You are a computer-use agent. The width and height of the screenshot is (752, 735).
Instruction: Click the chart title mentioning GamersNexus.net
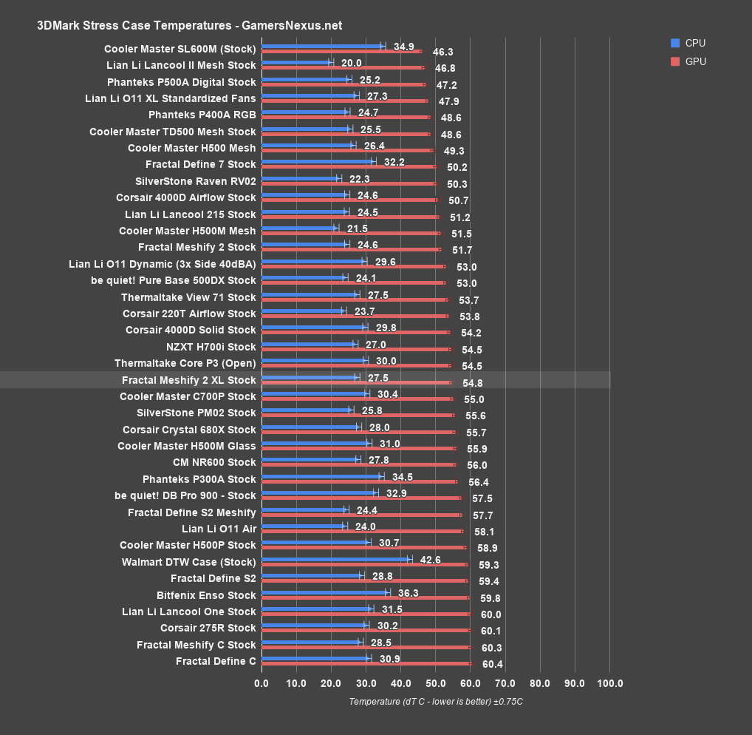(x=189, y=25)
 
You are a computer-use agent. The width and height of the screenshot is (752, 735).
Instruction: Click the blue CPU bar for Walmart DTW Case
(x=335, y=559)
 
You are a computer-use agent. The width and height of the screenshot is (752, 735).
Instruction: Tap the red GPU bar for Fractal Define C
(x=366, y=663)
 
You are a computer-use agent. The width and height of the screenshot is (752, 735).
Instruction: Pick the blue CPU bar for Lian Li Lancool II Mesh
(x=296, y=62)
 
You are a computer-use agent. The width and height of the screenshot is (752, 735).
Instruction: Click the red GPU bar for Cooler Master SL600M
(x=341, y=51)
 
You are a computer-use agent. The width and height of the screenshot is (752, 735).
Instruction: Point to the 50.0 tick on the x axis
(x=435, y=682)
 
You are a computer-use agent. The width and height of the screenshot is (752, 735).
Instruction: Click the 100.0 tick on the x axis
(x=609, y=682)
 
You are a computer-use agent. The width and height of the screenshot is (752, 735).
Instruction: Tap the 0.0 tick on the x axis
(x=262, y=682)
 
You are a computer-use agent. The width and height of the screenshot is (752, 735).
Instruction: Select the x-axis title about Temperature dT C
(x=436, y=702)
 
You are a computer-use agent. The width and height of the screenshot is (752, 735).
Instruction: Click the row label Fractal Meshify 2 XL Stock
(x=189, y=380)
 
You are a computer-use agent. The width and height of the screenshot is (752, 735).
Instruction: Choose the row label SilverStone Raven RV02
(x=195, y=181)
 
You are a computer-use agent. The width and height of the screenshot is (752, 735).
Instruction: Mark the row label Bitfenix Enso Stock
(x=206, y=595)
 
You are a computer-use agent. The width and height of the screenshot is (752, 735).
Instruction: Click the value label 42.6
(x=430, y=560)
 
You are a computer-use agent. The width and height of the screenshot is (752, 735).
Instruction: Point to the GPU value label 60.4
(x=492, y=664)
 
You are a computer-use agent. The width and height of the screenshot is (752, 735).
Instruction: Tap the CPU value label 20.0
(x=352, y=64)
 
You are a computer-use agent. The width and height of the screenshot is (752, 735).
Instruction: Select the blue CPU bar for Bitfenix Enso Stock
(x=324, y=592)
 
